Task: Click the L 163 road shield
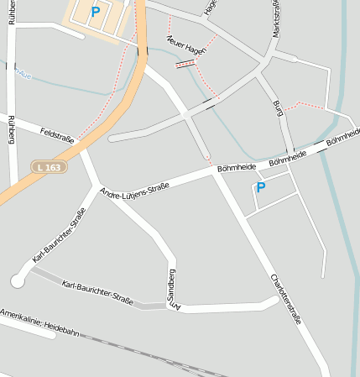(49, 167)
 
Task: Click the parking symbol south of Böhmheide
(260, 188)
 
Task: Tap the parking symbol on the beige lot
(95, 12)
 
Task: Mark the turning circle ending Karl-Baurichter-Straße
(18, 281)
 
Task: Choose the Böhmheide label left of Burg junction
(236, 166)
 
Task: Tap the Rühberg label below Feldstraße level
(11, 131)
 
